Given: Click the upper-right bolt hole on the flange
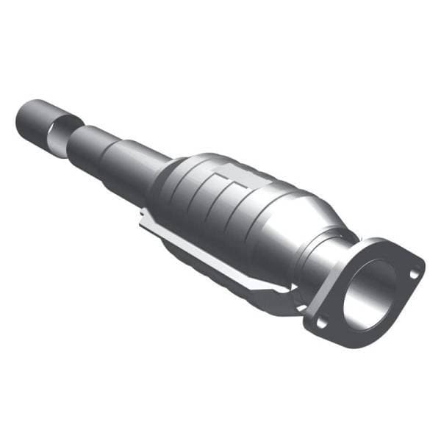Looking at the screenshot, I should [x=414, y=273].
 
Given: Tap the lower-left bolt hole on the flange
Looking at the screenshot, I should [x=320, y=322].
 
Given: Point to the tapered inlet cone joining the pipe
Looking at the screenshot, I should [x=165, y=176].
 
